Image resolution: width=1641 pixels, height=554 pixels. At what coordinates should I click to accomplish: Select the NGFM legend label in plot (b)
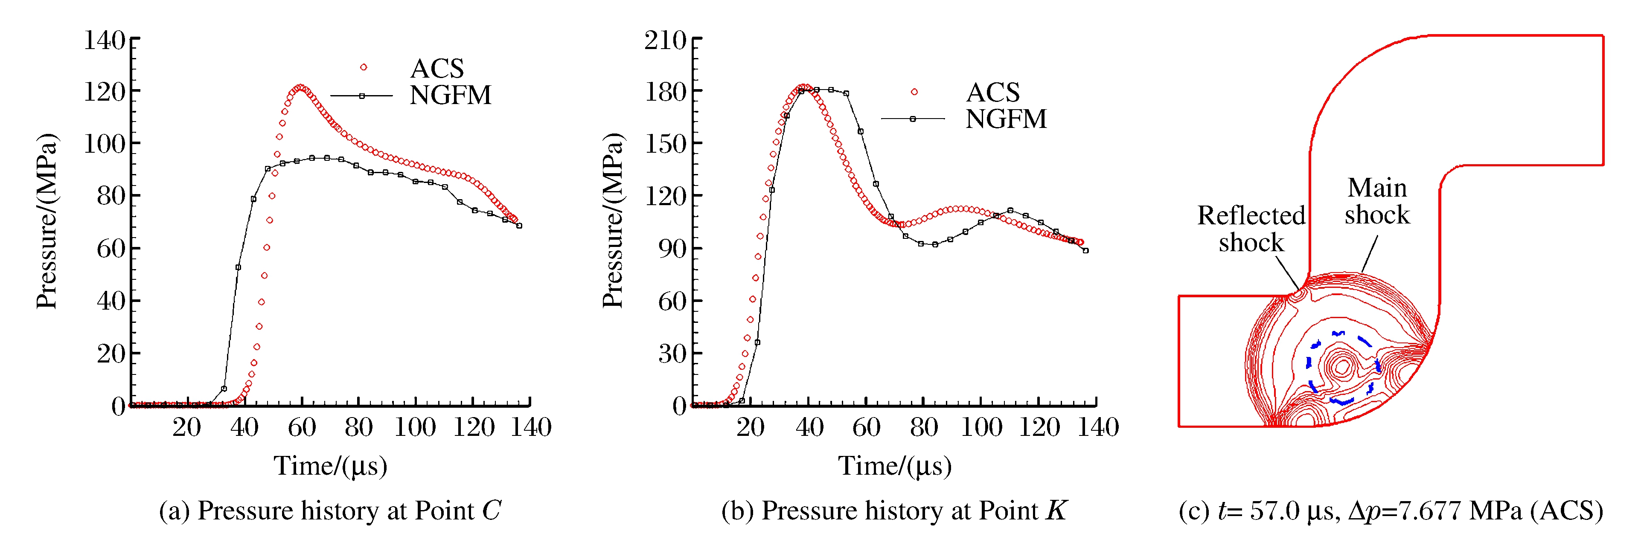click(1006, 119)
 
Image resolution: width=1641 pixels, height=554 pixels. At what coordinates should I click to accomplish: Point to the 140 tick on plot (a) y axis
click(105, 40)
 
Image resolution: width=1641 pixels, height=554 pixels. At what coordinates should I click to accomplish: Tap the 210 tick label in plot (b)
click(665, 40)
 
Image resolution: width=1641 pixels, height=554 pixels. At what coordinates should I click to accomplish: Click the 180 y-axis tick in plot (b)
click(665, 92)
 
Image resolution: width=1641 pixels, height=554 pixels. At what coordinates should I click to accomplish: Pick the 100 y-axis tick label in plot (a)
click(105, 143)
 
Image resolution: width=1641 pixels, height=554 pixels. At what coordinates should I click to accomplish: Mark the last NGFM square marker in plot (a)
click(519, 226)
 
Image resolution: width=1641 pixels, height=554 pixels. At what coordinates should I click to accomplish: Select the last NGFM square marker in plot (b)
click(1085, 250)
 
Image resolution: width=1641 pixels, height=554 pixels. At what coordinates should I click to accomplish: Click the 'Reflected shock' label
click(1251, 229)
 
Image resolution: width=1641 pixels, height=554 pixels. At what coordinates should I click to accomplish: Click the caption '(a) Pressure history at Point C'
click(330, 510)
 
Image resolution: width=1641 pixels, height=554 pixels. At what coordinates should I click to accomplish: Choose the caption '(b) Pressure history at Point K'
click(894, 510)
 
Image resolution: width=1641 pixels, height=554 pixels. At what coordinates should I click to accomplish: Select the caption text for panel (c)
click(1391, 510)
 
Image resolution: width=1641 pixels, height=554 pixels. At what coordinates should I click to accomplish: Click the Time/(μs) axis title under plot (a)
click(330, 465)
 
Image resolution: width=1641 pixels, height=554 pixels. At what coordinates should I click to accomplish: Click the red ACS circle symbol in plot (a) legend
click(363, 67)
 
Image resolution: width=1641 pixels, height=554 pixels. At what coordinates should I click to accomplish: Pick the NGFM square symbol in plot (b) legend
click(912, 119)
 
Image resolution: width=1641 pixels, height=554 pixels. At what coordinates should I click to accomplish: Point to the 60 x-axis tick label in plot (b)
click(866, 426)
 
